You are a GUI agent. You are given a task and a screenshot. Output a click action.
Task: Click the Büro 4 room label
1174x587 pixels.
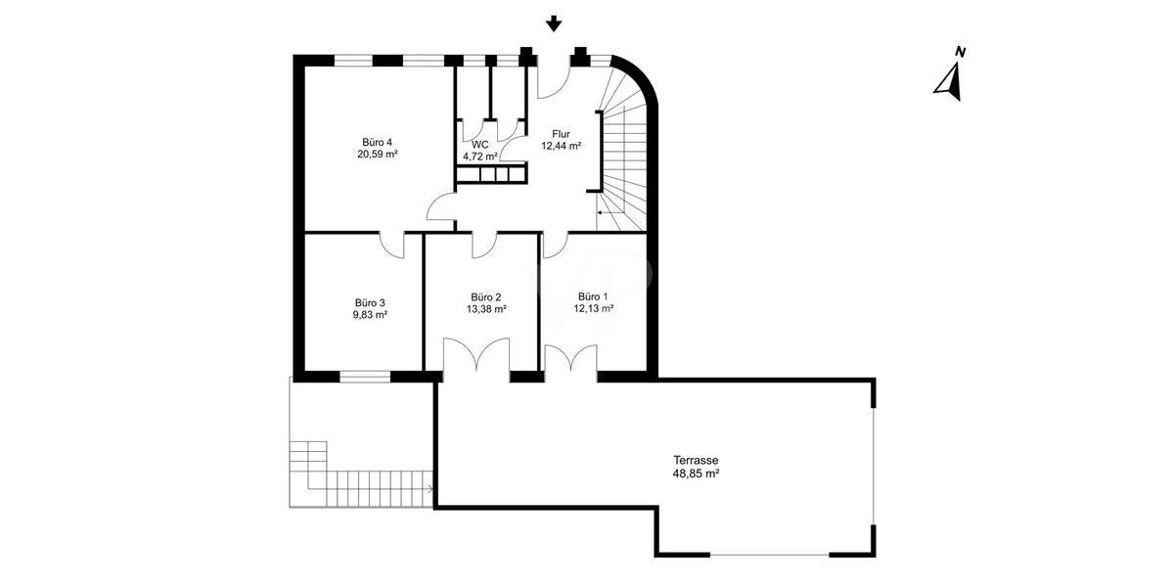tap(377, 142)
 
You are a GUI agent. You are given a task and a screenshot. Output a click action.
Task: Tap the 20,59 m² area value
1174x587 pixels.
tap(378, 155)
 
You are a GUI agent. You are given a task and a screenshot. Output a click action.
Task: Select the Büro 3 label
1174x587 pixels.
tap(370, 303)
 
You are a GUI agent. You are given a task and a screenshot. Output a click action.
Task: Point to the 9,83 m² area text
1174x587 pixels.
tap(370, 315)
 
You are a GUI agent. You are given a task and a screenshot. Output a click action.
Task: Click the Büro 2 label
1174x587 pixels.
tap(486, 297)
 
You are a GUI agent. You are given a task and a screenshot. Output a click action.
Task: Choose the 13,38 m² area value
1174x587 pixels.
tap(486, 309)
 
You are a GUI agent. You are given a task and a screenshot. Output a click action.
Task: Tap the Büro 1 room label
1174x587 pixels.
tap(593, 296)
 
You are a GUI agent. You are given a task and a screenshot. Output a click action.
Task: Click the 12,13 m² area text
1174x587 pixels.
tap(593, 309)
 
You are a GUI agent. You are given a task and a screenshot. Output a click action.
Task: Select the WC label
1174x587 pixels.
tap(480, 145)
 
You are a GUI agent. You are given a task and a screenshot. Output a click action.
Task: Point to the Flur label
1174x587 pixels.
tap(561, 134)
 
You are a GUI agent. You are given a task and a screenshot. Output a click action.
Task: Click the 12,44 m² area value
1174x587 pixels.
tap(562, 146)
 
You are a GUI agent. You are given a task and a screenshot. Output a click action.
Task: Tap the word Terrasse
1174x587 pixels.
tap(696, 461)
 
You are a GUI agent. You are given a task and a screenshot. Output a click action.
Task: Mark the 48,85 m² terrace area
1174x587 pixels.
tap(696, 474)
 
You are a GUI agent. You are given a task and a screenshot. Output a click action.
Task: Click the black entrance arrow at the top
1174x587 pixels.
tap(554, 24)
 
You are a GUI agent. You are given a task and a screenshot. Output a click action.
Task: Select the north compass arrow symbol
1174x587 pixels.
tap(949, 82)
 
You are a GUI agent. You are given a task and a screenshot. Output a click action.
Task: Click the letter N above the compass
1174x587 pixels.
tap(961, 52)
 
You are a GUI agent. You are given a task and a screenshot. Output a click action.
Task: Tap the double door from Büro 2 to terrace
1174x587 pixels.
tap(476, 356)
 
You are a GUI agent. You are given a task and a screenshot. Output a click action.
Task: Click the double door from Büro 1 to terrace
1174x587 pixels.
tap(570, 358)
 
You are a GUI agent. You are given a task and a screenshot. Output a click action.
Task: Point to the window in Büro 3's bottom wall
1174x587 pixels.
tap(365, 377)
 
